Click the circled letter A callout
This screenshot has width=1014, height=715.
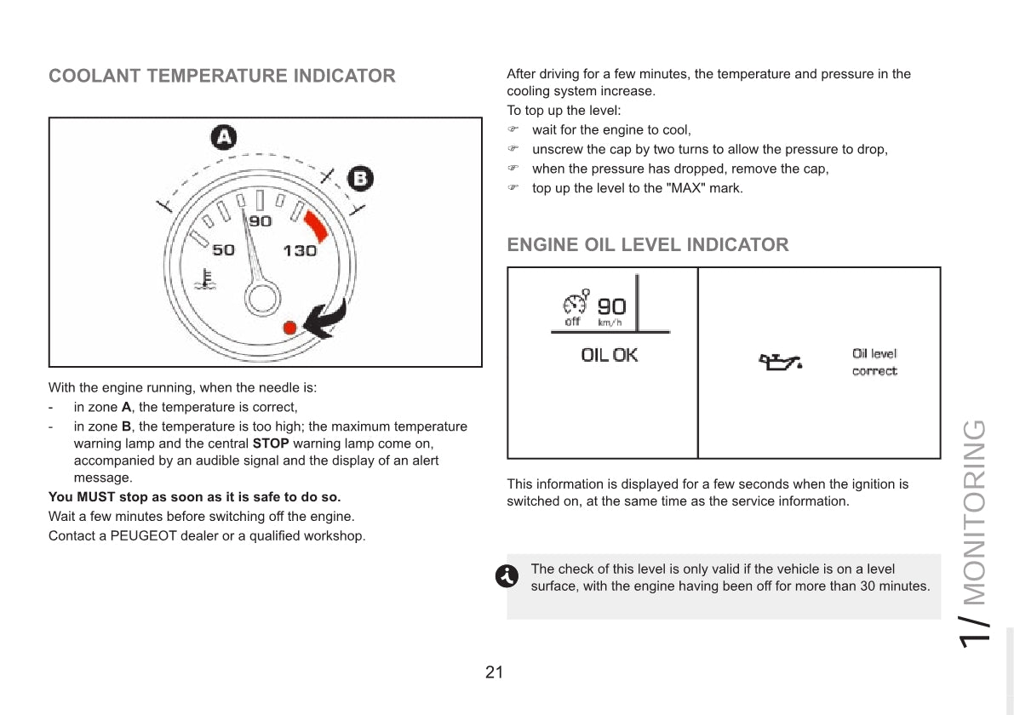pyautogui.click(x=223, y=137)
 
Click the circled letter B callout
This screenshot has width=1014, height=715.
pyautogui.click(x=361, y=178)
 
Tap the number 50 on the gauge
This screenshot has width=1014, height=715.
pyautogui.click(x=223, y=250)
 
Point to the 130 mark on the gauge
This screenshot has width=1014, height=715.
pyautogui.click(x=299, y=250)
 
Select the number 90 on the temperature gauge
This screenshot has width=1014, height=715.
pyautogui.click(x=261, y=221)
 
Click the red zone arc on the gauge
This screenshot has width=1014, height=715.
pyautogui.click(x=316, y=226)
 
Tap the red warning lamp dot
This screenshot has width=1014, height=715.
pyautogui.click(x=289, y=327)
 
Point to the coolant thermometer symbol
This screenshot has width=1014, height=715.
pyautogui.click(x=203, y=278)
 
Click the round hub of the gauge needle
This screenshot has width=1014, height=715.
pyautogui.click(x=262, y=297)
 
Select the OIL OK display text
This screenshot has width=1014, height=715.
pyautogui.click(x=609, y=355)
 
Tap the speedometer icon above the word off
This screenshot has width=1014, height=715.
pyautogui.click(x=576, y=303)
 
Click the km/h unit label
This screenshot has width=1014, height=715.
pyautogui.click(x=610, y=322)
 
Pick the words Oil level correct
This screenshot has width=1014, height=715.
pyautogui.click(x=874, y=362)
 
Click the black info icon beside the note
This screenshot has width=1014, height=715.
pyautogui.click(x=505, y=576)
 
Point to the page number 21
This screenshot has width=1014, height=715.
pyautogui.click(x=494, y=672)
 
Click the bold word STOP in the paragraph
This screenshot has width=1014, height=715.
pyautogui.click(x=271, y=443)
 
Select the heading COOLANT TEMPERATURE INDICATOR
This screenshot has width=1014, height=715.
pyautogui.click(x=222, y=76)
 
